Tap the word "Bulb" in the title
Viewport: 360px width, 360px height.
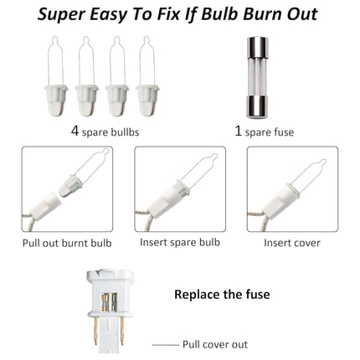click(219, 14)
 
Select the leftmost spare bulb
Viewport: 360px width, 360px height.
click(56, 76)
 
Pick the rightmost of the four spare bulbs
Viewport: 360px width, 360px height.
click(147, 76)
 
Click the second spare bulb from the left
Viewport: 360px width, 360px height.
click(86, 76)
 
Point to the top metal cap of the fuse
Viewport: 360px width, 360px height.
click(258, 47)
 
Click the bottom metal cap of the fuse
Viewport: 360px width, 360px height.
click(257, 107)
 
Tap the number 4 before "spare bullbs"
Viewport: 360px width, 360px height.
click(75, 131)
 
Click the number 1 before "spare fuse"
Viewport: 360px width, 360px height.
click(238, 131)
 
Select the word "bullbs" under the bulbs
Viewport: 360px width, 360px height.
click(125, 132)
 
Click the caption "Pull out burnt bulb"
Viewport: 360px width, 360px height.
click(67, 243)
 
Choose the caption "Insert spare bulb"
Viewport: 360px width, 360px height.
click(180, 242)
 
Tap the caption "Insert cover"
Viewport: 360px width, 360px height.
click(292, 243)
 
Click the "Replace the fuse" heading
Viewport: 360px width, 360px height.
click(222, 295)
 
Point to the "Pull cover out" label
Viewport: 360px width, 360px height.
click(215, 344)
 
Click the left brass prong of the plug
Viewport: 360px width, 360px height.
click(95, 332)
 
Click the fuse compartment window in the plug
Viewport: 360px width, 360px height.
click(110, 302)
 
